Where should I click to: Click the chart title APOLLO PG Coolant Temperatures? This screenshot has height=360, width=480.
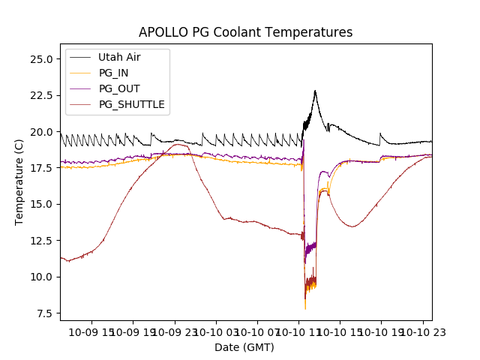click(245, 33)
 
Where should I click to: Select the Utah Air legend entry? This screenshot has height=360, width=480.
click(118, 57)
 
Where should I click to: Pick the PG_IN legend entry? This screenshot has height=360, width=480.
click(113, 73)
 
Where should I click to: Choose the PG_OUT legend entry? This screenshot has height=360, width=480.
click(119, 88)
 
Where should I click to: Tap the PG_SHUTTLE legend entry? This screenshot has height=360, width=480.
click(131, 104)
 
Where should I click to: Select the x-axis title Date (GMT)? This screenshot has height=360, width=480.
click(244, 347)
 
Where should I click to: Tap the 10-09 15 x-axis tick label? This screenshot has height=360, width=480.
click(91, 331)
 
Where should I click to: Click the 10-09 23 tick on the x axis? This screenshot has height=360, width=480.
click(174, 331)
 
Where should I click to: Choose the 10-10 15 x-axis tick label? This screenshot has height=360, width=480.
click(338, 331)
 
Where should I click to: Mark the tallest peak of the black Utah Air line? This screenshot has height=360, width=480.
click(315, 91)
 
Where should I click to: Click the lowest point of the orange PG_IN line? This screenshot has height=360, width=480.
click(305, 309)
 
